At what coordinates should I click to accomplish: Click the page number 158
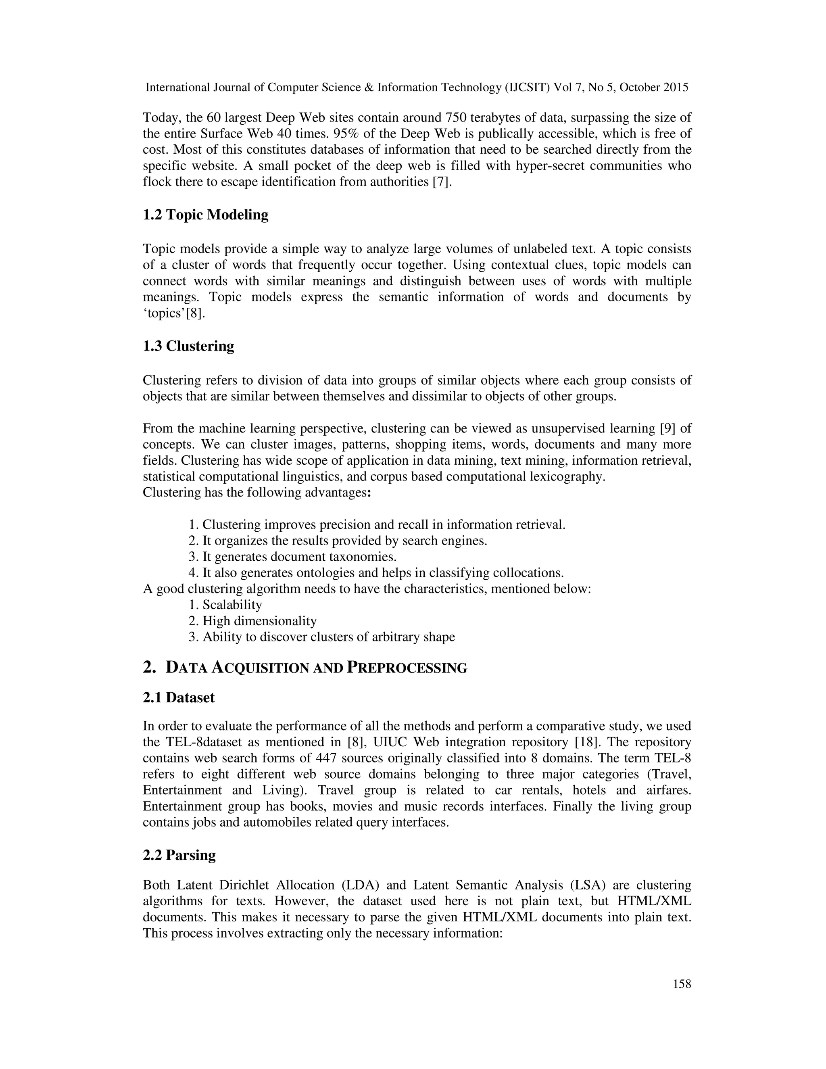tap(682, 984)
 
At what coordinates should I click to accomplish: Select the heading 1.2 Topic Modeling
tap(206, 215)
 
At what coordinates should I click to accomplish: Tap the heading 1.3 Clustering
tap(188, 346)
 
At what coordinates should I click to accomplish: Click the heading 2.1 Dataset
tap(179, 697)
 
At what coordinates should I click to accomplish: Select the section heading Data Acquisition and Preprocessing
tap(305, 668)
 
